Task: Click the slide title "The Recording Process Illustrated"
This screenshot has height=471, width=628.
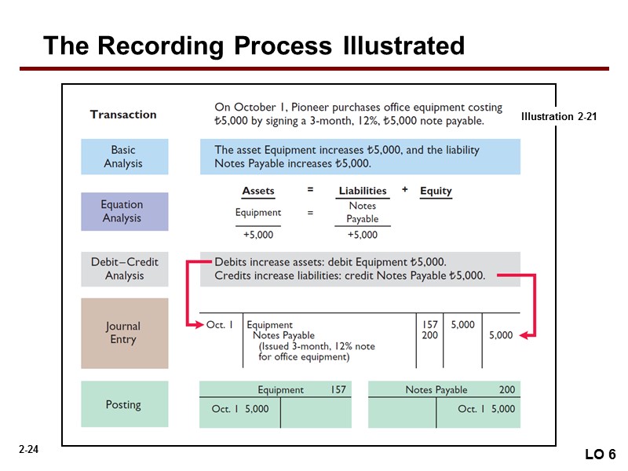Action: click(254, 46)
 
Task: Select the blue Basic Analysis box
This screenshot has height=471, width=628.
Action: click(124, 157)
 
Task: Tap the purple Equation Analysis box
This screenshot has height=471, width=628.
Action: click(124, 211)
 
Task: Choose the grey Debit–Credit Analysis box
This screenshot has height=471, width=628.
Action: click(124, 268)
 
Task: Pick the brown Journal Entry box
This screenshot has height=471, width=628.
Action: click(124, 333)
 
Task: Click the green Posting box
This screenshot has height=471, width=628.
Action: click(124, 404)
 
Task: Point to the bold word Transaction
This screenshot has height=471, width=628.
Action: click(123, 115)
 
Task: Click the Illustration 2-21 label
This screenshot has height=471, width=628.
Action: click(559, 117)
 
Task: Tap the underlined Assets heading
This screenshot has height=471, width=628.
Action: click(258, 191)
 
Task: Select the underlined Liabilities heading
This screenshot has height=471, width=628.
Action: click(362, 191)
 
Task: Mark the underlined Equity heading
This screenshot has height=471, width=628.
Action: click(436, 191)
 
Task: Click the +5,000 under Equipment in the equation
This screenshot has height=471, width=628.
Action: click(258, 234)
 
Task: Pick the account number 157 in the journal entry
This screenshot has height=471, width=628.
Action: click(429, 324)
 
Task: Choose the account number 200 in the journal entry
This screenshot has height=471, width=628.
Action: click(429, 335)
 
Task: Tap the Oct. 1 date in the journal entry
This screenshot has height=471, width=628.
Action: click(220, 324)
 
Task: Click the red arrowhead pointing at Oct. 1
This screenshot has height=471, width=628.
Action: click(196, 324)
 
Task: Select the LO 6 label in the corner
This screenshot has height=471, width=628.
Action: click(601, 455)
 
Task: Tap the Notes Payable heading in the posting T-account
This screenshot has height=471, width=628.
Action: click(436, 389)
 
